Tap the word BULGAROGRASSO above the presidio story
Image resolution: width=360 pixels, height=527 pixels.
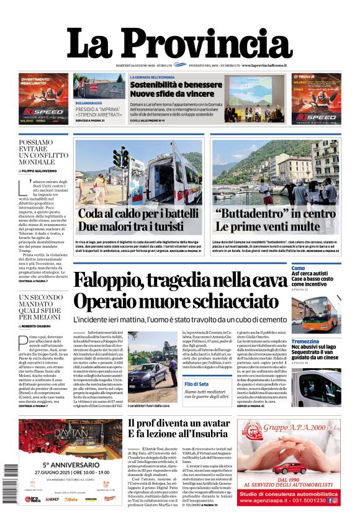click(x=89, y=102)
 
